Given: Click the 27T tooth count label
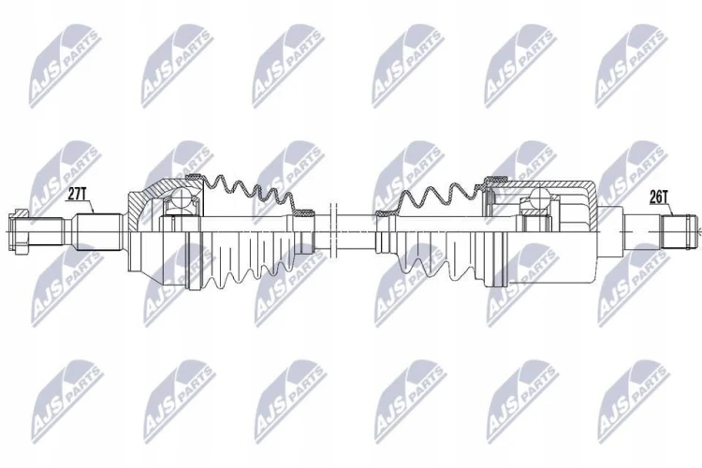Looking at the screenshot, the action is [x=76, y=194].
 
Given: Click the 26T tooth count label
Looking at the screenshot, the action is [x=659, y=197].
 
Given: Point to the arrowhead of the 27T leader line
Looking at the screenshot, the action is [x=93, y=212].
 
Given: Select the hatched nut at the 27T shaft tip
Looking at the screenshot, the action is [x=19, y=231].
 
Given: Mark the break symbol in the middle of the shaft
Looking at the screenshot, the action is [x=332, y=231].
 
